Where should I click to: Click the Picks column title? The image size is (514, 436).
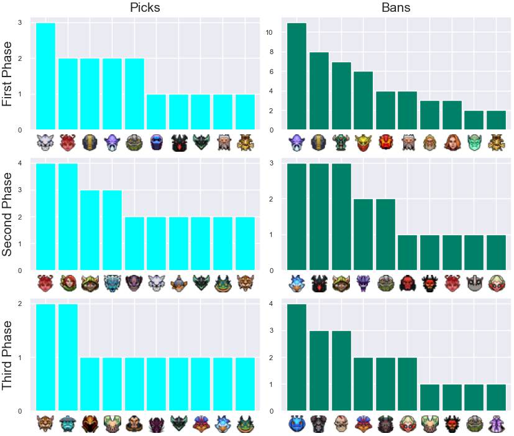pos(145,7)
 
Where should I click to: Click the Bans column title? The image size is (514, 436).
pos(396,7)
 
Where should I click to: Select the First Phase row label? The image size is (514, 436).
pos(7,74)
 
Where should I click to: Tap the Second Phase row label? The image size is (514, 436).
pos(7,214)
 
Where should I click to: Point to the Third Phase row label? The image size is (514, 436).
pos(7,355)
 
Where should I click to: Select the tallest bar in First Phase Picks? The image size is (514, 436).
pos(45,76)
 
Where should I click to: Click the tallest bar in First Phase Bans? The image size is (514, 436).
pos(296,76)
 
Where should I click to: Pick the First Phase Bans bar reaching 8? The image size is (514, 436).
pos(319,91)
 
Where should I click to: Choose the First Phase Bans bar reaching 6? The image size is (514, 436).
pos(363,100)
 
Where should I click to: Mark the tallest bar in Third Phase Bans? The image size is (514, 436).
pos(296,357)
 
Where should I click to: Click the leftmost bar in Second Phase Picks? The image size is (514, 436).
pos(45,217)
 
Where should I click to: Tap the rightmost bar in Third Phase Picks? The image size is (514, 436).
pos(246,384)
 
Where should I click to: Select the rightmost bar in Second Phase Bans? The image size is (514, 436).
pos(497,253)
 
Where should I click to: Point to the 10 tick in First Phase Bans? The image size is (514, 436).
pos(268,32)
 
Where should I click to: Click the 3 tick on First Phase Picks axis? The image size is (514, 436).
pos(20,22)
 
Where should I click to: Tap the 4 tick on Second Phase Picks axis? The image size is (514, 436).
pos(20,163)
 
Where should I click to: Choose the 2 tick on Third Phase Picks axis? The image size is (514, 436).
pos(20,304)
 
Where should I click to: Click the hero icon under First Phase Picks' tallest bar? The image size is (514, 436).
pos(45,142)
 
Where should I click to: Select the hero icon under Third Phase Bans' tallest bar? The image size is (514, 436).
pos(296,424)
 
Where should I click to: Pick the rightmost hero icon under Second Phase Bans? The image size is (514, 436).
pos(497,283)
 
